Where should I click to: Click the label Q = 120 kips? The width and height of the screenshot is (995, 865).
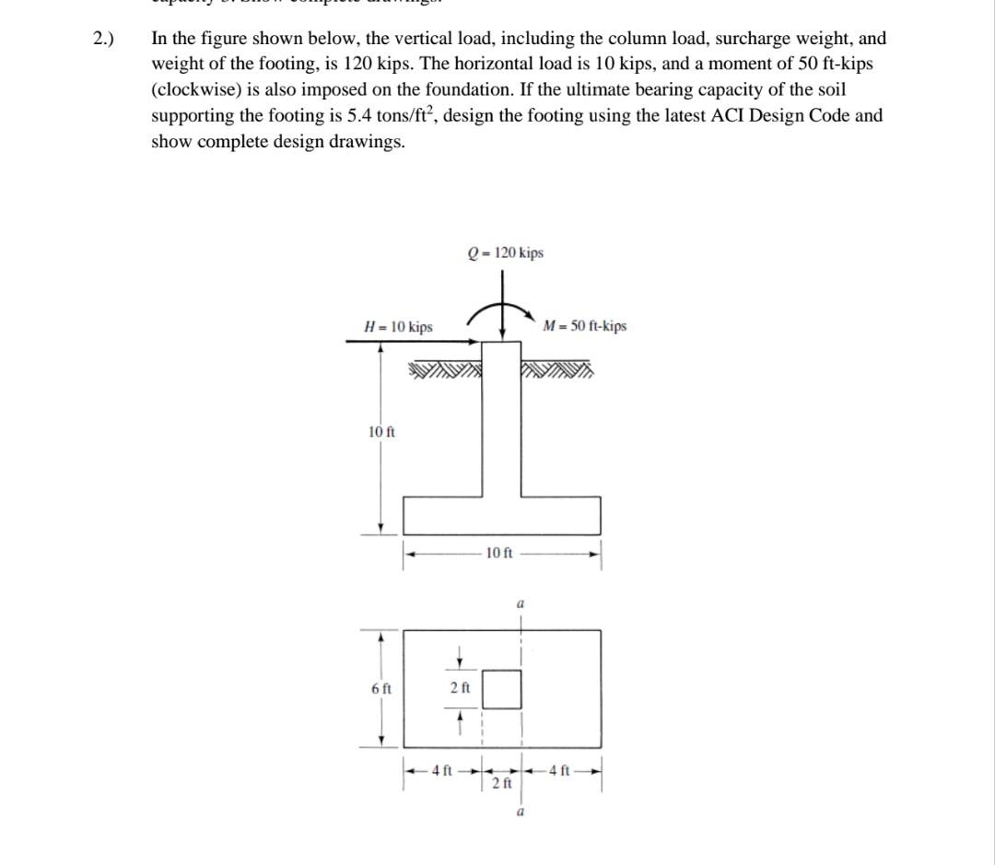pos(505,252)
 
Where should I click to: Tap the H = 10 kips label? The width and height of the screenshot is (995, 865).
pos(398,327)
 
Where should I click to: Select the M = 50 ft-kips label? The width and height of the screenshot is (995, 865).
pos(584,326)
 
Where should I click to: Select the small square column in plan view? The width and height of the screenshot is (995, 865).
pos(502,689)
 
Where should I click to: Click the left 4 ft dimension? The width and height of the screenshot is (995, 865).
pos(441,770)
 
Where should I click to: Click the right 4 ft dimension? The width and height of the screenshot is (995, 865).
pos(560,770)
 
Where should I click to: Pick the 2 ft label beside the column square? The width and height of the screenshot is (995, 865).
pos(460,688)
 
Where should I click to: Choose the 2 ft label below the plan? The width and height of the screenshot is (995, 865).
pos(501,783)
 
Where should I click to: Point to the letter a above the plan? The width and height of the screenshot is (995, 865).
pos(521,603)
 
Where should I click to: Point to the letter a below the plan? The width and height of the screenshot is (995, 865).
pos(521,812)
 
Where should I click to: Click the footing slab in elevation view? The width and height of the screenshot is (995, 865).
pos(502,515)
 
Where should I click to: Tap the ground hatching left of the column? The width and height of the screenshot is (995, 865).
pos(445,371)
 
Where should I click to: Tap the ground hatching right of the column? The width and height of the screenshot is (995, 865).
pos(557,371)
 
